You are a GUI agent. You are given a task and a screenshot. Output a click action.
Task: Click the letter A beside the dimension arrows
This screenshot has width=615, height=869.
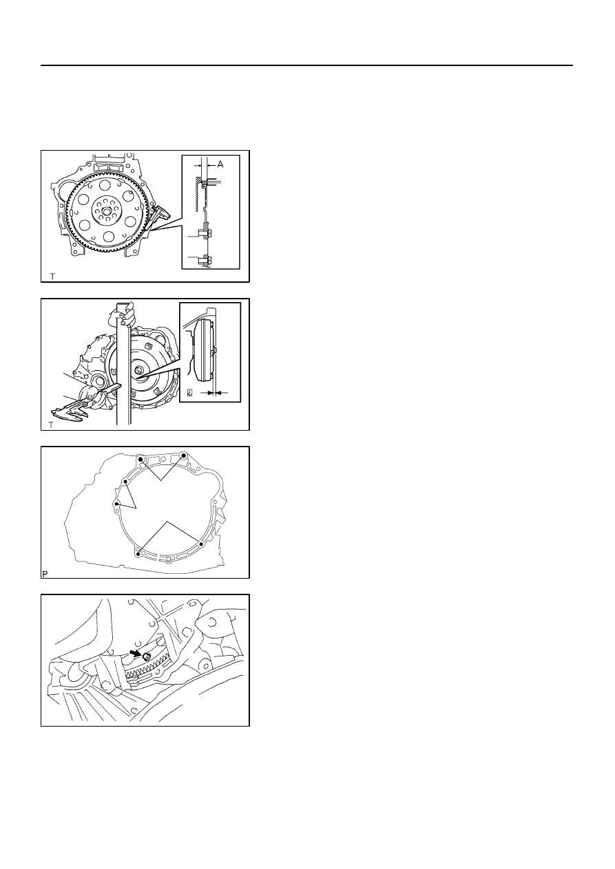tap(220, 164)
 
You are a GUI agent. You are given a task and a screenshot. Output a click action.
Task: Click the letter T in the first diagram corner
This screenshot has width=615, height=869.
tap(52, 276)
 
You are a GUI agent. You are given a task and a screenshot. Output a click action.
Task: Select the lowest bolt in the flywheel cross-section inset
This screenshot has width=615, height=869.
tap(202, 259)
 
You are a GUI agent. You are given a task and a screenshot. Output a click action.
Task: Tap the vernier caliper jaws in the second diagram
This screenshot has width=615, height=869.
tap(70, 412)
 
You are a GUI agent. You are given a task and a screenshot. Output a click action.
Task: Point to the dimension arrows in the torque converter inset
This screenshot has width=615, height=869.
tap(214, 393)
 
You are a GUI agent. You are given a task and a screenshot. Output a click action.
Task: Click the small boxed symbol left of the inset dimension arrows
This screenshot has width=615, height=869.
tap(190, 393)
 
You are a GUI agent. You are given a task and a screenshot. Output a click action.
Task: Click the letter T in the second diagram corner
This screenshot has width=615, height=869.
tap(51, 425)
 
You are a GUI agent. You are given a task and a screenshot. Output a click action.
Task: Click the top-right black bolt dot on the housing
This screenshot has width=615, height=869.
tap(185, 455)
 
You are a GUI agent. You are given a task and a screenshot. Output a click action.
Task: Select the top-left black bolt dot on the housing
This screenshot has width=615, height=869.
tap(140, 459)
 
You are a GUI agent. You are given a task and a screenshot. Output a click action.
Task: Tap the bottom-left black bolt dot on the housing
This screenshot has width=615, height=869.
tap(138, 554)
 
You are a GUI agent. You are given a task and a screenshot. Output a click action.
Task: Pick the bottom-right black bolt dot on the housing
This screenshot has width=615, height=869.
tap(201, 544)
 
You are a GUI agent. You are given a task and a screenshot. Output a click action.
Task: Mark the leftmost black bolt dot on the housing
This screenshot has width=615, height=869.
tap(116, 504)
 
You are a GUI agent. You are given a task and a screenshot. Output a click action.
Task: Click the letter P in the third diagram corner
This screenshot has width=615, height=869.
tap(45, 574)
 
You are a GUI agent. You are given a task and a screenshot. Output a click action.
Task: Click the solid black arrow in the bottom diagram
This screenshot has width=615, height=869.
tap(136, 653)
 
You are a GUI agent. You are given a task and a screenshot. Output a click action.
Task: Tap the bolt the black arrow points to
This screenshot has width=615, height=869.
tap(147, 657)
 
